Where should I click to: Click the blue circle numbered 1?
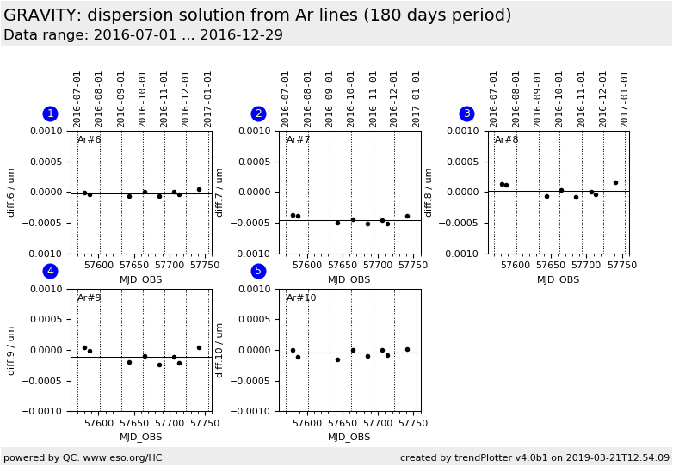(50, 113)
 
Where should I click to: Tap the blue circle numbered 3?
(466, 113)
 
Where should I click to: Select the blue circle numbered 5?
(258, 271)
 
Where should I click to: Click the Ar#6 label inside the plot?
(90, 140)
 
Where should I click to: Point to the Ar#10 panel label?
(301, 298)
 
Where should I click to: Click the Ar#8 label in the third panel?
(507, 140)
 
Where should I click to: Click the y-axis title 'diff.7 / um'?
(220, 192)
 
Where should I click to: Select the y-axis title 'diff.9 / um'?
(12, 350)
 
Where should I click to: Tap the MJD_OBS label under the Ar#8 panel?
(559, 279)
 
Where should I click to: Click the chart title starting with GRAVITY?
(257, 15)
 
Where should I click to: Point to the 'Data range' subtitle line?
(143, 35)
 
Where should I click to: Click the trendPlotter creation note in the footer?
(534, 457)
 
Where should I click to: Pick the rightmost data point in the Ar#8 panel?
(615, 182)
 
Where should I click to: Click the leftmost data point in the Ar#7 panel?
(293, 215)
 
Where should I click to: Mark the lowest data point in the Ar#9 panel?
(159, 365)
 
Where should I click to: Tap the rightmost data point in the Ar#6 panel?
(199, 189)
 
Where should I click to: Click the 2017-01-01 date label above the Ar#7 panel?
(417, 98)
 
